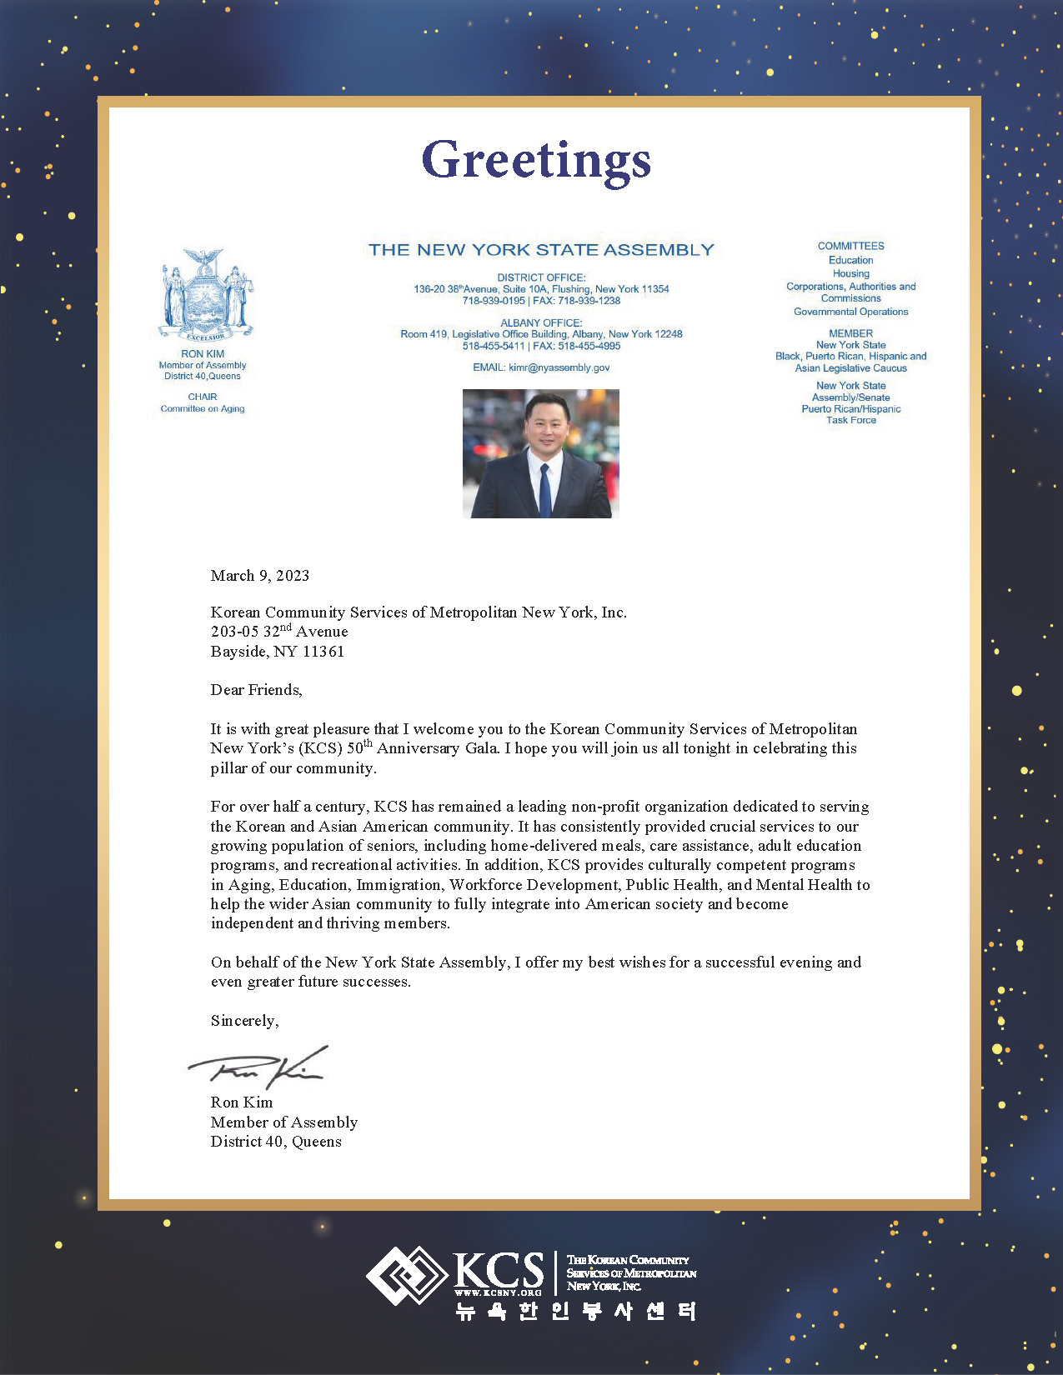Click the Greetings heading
click(536, 159)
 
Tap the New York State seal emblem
click(205, 294)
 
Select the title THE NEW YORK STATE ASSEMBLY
click(541, 250)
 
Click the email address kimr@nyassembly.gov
click(559, 367)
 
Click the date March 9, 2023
click(260, 576)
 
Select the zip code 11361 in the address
click(323, 652)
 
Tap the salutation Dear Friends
click(256, 690)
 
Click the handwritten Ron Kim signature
click(258, 1067)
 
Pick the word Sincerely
click(244, 1021)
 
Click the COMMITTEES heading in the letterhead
click(850, 247)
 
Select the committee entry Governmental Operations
click(850, 312)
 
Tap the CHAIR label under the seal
click(203, 397)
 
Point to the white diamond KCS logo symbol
click(406, 1275)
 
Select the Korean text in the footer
click(575, 1312)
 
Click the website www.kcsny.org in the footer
click(498, 1292)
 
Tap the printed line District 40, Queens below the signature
click(276, 1142)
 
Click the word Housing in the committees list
click(850, 273)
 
